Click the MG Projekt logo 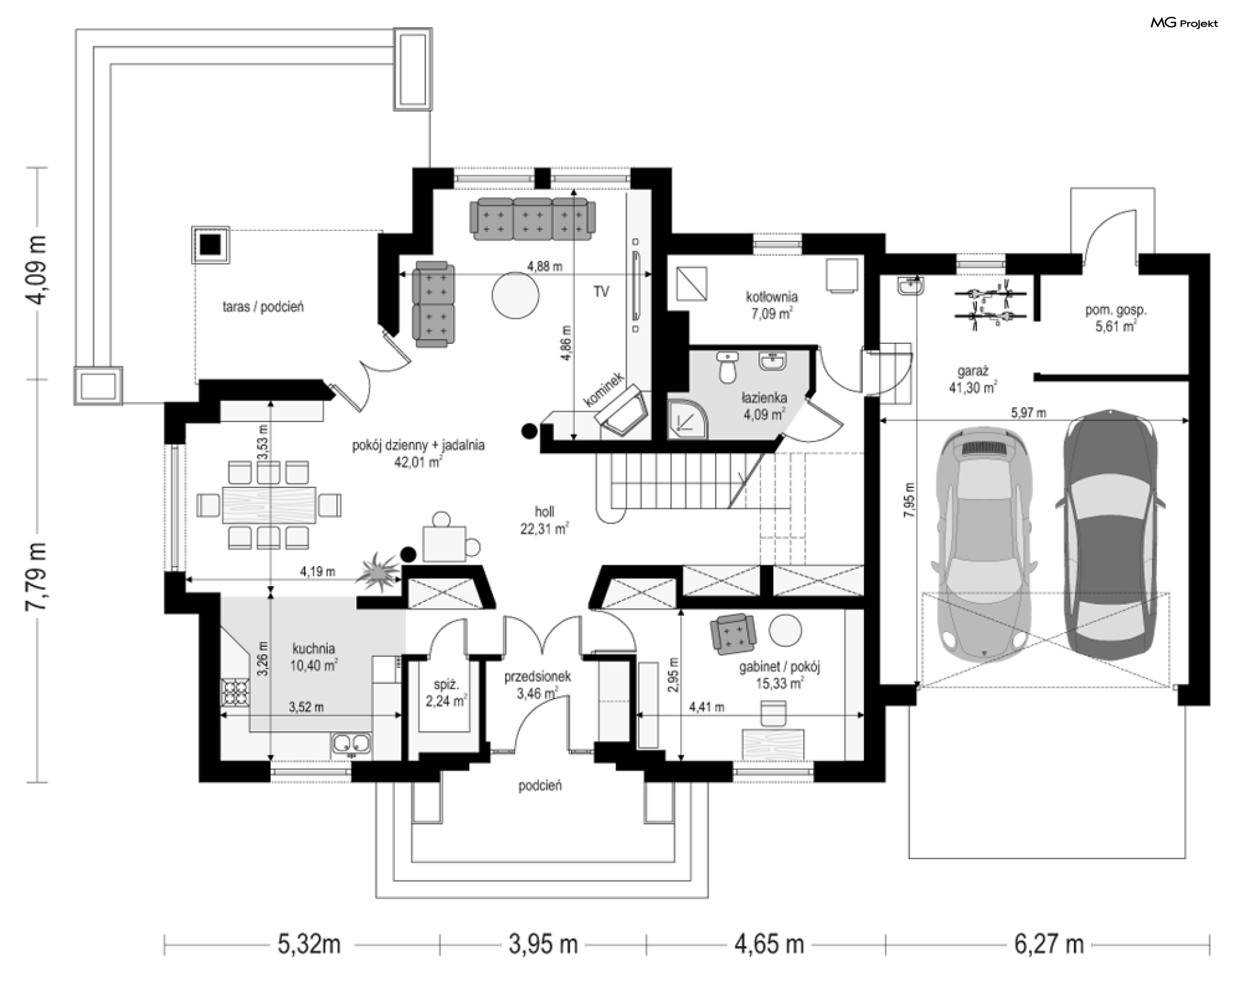[x=1184, y=23]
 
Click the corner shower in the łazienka [x=688, y=418]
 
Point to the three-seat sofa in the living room [x=533, y=219]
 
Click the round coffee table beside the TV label [x=515, y=295]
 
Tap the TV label [x=601, y=292]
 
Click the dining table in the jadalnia [x=269, y=504]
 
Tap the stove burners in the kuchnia [x=235, y=692]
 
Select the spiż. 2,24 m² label [x=447, y=693]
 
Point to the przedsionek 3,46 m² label [x=538, y=685]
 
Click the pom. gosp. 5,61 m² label [x=1116, y=318]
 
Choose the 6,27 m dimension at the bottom [x=1049, y=945]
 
